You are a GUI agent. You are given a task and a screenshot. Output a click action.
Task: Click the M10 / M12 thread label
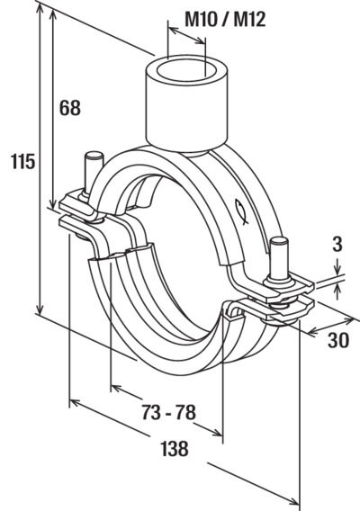coord(225,20)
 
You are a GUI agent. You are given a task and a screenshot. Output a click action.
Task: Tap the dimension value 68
coord(70,108)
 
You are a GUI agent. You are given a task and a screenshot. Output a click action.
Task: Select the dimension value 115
coord(22,161)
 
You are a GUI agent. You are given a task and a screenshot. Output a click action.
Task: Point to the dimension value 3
coord(337,244)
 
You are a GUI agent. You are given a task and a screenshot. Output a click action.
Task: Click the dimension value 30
coord(338,340)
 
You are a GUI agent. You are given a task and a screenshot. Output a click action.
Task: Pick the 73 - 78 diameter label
coord(168,412)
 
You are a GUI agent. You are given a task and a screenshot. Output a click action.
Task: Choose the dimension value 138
coord(175,448)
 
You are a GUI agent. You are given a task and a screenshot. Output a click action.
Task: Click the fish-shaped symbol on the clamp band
coord(241,211)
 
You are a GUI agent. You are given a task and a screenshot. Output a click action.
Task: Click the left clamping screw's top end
coord(94,156)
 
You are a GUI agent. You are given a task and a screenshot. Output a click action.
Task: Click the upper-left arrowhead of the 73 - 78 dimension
coord(118,388)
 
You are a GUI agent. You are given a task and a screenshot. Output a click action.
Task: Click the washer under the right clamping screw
coord(280,281)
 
